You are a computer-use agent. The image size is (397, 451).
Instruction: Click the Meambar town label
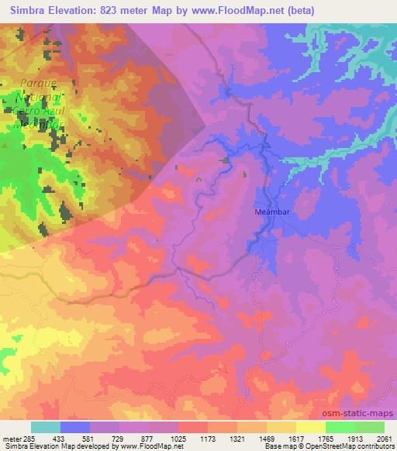pos(271,210)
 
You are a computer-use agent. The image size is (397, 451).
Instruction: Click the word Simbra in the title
pos(27,11)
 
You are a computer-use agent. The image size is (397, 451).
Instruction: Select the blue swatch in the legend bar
pos(75,427)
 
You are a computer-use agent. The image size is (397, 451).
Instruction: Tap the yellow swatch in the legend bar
pos(311,427)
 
